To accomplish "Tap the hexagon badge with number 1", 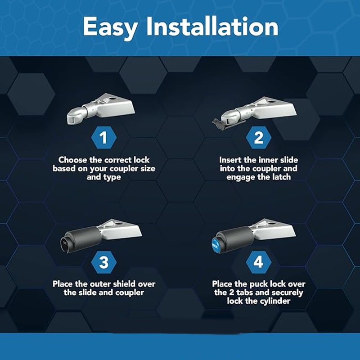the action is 104,138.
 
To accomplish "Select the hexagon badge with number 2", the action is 258,138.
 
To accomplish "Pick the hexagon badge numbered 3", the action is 104,262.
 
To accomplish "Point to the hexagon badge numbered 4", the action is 258,262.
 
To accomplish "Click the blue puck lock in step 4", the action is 216,245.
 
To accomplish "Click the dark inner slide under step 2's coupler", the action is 220,124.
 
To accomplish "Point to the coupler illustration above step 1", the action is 101,108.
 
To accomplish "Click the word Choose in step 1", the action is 72,160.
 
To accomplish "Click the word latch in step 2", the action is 282,177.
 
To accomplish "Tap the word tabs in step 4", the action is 245,292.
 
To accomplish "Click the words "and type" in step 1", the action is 104,177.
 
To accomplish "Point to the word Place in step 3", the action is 63,284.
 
